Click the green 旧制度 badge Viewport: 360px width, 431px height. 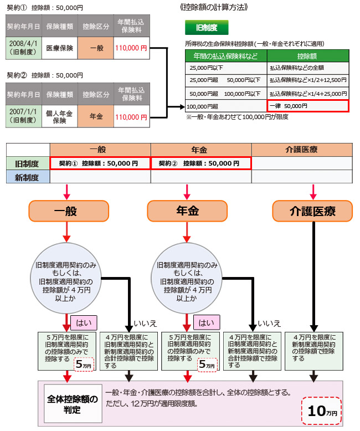pos(206,27)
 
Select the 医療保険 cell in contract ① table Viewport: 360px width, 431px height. pos(59,48)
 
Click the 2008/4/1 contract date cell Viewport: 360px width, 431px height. pos(23,48)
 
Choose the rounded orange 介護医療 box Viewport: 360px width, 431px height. pos(312,210)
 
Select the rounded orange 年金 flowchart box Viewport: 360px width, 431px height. pos(187,210)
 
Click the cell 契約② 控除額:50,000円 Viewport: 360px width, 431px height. pos(200,163)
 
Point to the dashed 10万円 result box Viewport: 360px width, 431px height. pos(322,411)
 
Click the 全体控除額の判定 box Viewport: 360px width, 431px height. pos(73,403)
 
